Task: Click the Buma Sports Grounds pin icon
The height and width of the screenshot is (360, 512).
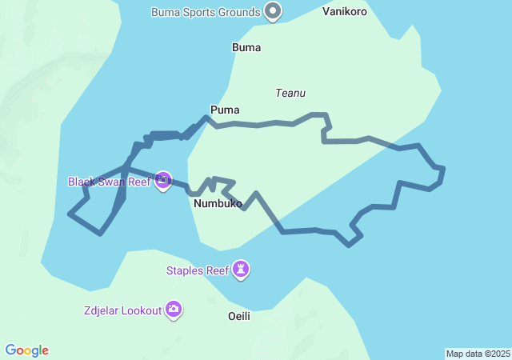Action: coord(274,11)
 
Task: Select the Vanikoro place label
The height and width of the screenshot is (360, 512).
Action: coord(345,12)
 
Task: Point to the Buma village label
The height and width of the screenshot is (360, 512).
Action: coord(246,47)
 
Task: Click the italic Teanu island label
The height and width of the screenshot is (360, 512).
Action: coord(290,94)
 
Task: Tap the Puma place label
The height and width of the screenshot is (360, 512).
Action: coord(225,110)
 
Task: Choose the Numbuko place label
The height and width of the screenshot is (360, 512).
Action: coord(218,204)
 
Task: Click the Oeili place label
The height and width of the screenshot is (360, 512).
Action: coord(239,316)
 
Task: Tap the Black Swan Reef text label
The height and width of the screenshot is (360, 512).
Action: coord(109,182)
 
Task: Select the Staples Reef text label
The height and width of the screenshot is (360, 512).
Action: coord(197,270)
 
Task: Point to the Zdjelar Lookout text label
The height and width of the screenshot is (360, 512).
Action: coord(122,310)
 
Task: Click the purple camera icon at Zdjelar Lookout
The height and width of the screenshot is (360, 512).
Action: coord(174,309)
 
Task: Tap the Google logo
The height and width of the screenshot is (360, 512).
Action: coord(27,350)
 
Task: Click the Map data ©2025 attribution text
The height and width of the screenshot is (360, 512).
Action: coord(478,354)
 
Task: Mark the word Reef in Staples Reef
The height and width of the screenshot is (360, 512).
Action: coord(218,270)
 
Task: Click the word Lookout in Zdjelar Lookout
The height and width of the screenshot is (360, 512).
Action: coord(141,310)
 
